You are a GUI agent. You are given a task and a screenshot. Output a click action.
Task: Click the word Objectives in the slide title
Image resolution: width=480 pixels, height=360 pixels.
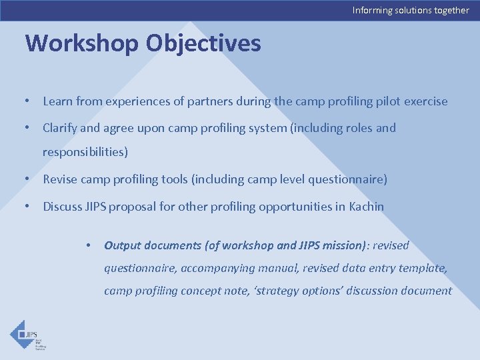203,44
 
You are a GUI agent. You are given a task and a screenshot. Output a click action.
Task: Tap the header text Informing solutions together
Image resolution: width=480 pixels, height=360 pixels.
410,10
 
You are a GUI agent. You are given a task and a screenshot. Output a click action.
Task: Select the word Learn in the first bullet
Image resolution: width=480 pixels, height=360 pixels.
57,101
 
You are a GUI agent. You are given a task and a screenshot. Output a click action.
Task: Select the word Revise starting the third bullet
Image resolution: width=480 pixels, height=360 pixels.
59,179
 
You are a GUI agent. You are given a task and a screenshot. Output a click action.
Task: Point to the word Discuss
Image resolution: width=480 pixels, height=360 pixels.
62,207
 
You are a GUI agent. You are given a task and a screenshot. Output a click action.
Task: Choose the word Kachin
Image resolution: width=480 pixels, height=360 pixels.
366,207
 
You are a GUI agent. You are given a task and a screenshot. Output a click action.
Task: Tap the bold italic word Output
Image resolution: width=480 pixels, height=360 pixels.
123,245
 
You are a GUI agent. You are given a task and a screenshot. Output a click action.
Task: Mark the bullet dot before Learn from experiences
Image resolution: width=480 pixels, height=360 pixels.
26,102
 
